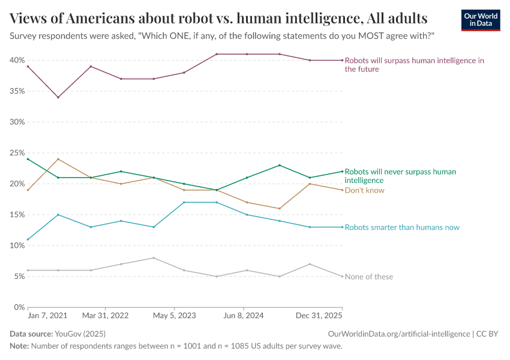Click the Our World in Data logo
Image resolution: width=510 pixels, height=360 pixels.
[480, 20]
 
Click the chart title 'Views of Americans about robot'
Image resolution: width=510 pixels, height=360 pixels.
[218, 18]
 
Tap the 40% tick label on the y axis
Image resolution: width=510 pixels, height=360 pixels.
[16, 60]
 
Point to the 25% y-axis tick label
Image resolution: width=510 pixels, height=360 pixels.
[16, 153]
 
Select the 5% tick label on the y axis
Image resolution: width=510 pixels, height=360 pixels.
[18, 276]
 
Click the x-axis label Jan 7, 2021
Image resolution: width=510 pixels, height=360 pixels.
[47, 315]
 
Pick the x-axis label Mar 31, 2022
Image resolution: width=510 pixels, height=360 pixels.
[106, 315]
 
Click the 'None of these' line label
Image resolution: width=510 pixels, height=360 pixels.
[369, 277]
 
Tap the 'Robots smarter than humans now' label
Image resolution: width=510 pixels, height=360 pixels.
[402, 227]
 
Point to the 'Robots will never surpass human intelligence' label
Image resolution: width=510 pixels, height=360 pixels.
[400, 176]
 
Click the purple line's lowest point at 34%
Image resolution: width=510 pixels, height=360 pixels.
[58, 97]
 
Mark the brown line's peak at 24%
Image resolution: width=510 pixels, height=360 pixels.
[58, 159]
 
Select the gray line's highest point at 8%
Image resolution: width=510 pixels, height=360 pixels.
[154, 258]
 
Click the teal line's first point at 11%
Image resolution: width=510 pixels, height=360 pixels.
[28, 239]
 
